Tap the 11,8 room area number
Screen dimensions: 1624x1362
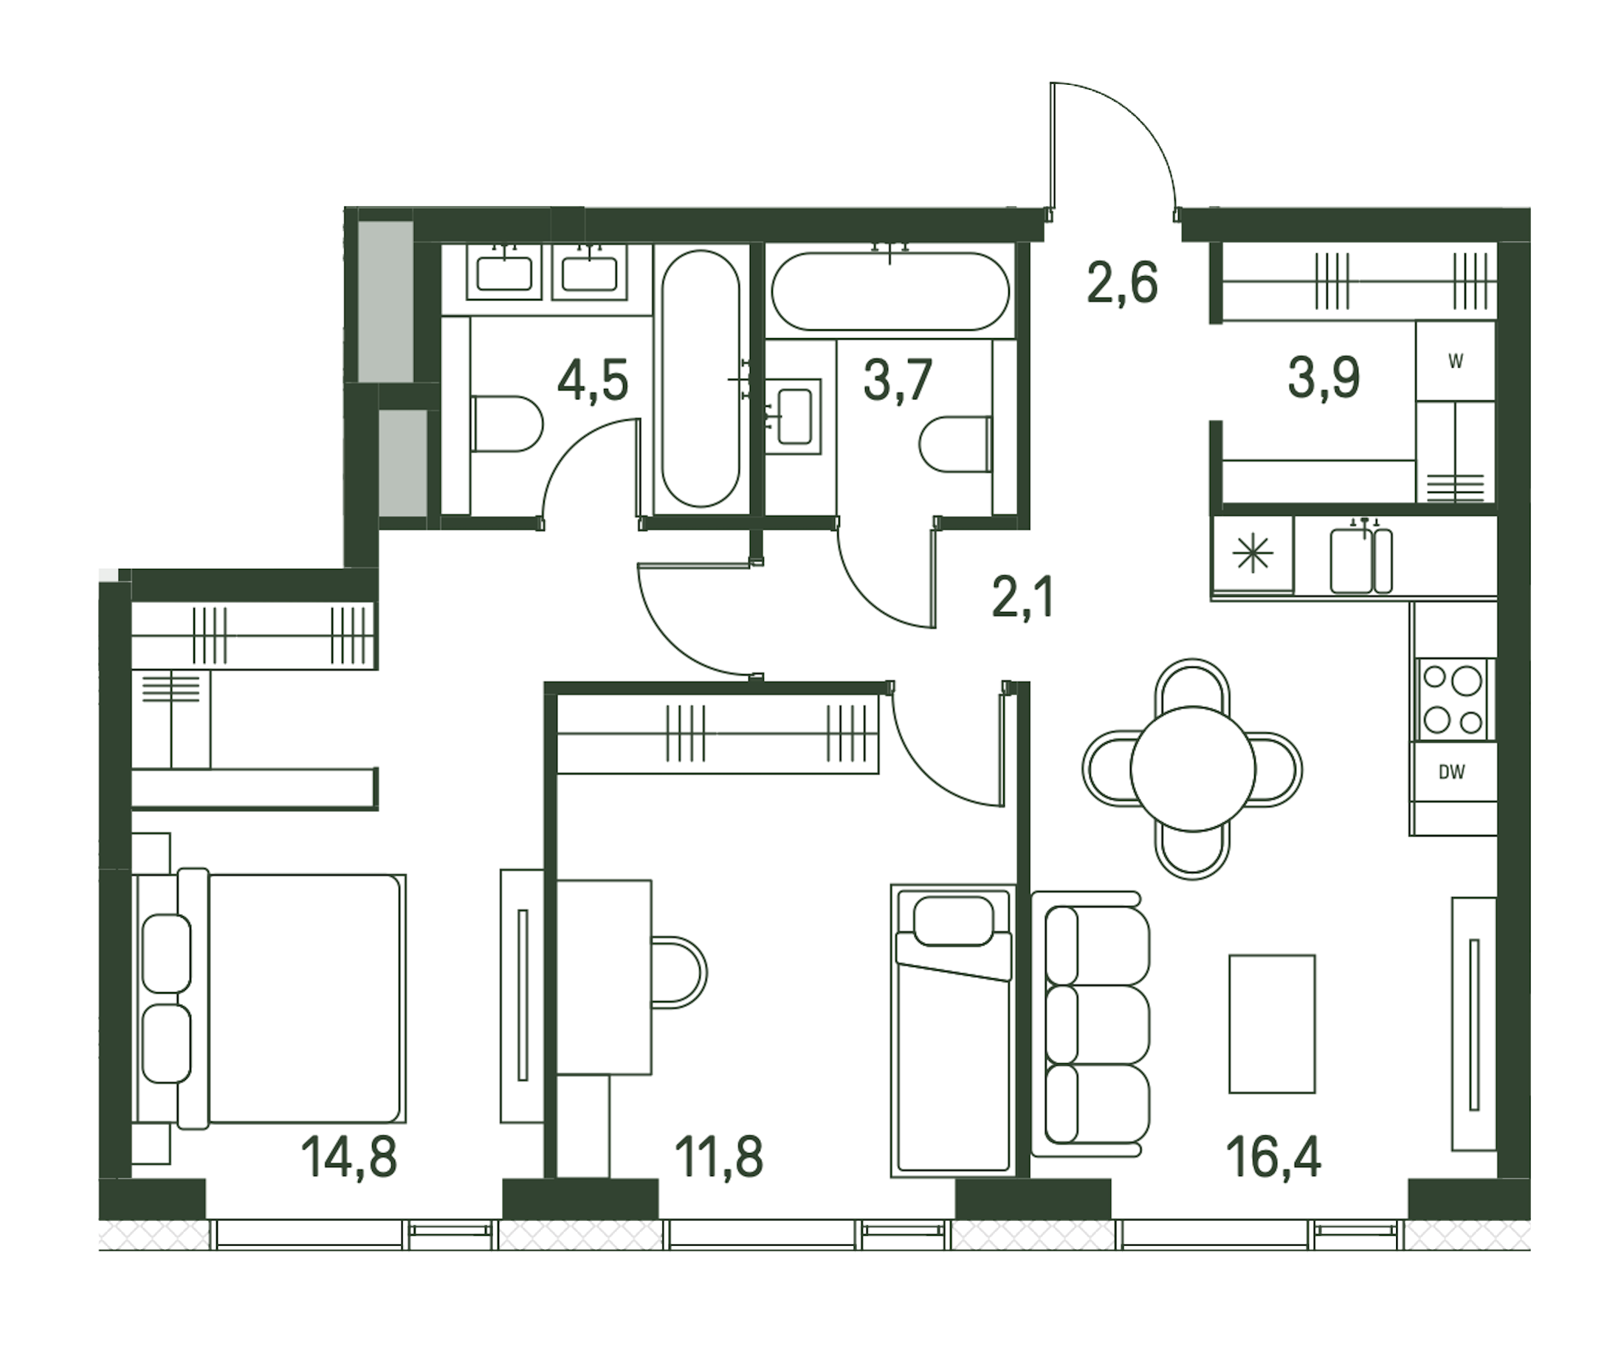718,1157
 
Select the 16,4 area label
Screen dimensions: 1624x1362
1273,1157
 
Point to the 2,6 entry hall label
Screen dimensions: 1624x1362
1122,283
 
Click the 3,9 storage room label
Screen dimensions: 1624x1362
1324,378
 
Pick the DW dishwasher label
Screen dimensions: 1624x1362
1451,772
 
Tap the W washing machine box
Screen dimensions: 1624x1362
1455,361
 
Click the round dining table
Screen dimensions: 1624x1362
1192,768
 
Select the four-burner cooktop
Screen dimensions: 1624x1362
1453,700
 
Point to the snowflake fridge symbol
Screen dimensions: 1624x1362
1253,554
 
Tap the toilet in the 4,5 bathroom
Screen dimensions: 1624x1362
506,424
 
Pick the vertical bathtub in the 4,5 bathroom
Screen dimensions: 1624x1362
701,378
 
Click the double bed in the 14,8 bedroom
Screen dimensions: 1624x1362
270,999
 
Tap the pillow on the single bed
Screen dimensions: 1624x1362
953,921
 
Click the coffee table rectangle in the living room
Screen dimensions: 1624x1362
1272,1023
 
